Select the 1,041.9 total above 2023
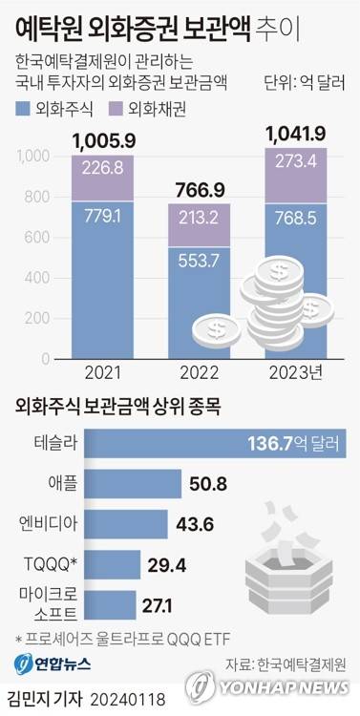point(295,132)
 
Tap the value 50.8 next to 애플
point(183,484)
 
